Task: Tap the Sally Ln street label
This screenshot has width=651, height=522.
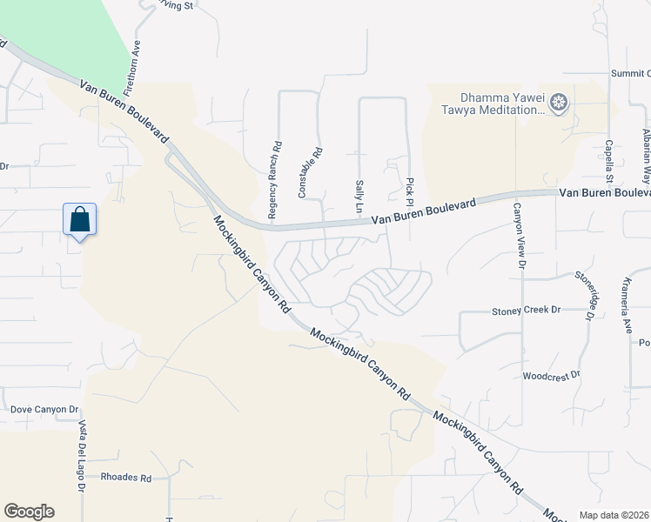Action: pos(359,197)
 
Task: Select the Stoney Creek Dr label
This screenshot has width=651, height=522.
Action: pos(527,310)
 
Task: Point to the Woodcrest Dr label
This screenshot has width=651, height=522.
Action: pos(551,377)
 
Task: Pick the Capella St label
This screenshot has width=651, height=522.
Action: pos(610,163)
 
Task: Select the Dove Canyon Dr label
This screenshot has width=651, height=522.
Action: pos(44,409)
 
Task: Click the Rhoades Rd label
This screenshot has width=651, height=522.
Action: pos(126,478)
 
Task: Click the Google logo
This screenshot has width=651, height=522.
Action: pos(29,512)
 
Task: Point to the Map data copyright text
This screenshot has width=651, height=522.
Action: pos(614,515)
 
